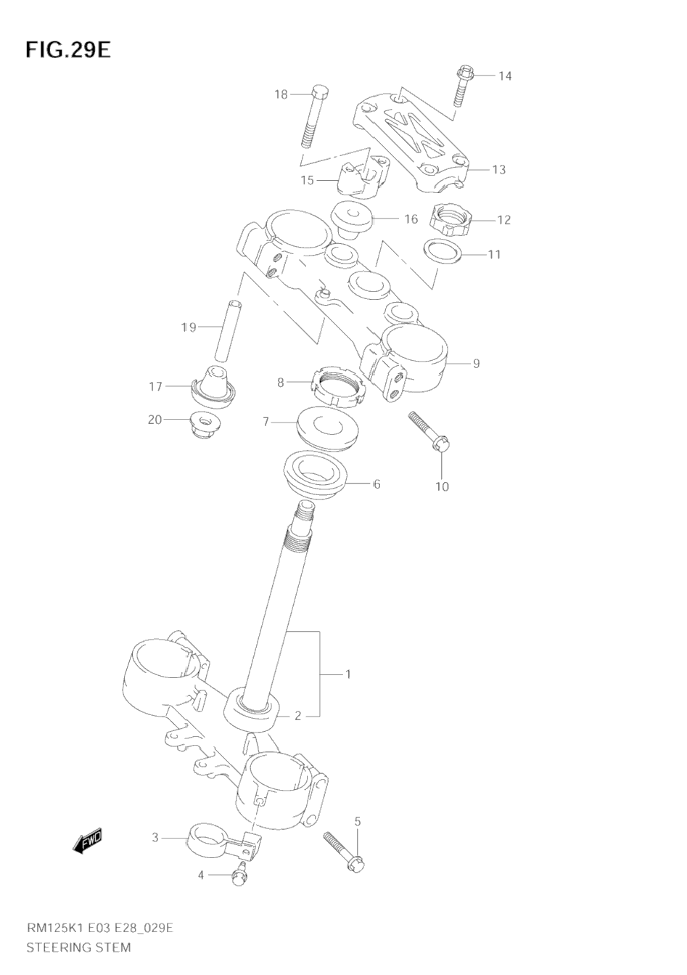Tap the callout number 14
pyautogui.click(x=505, y=76)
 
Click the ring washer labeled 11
pyautogui.click(x=443, y=252)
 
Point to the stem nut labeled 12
pyautogui.click(x=451, y=218)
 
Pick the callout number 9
pyautogui.click(x=476, y=363)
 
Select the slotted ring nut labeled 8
pyautogui.click(x=339, y=385)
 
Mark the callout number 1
pyautogui.click(x=347, y=674)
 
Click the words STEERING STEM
pyautogui.click(x=79, y=947)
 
